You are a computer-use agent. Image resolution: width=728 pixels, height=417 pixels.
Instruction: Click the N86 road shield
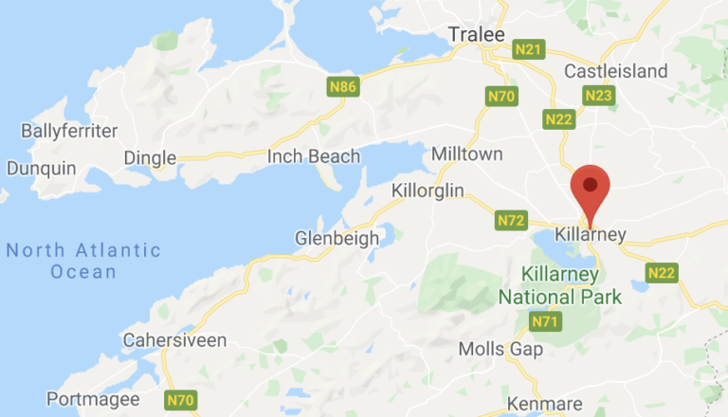click(x=342, y=88)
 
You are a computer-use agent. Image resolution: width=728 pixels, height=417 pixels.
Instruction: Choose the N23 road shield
click(x=599, y=95)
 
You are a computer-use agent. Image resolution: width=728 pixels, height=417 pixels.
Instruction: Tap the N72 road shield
click(x=511, y=221)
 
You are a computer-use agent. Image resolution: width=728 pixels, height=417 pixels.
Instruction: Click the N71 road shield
click(x=544, y=322)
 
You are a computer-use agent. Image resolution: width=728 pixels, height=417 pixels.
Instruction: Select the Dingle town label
click(x=150, y=157)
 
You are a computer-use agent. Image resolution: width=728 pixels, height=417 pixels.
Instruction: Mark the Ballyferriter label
click(x=69, y=130)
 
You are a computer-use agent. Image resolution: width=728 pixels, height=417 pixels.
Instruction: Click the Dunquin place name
click(x=40, y=168)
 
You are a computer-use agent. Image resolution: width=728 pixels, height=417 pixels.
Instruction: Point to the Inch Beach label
click(x=315, y=156)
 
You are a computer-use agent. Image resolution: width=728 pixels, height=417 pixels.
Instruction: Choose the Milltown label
click(x=466, y=154)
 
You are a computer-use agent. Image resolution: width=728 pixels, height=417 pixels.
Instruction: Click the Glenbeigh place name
click(x=337, y=238)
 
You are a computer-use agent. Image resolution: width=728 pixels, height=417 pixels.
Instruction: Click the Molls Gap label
click(x=500, y=349)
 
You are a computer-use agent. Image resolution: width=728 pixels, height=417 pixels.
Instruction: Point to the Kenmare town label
click(x=538, y=404)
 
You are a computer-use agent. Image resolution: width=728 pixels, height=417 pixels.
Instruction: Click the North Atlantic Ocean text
click(x=83, y=261)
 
